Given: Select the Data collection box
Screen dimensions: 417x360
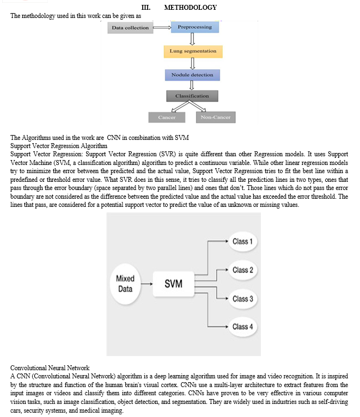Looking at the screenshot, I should click(130, 28).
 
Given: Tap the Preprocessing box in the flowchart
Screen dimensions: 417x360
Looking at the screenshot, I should click(194, 27).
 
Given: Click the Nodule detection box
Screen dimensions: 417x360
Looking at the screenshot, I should click(192, 75).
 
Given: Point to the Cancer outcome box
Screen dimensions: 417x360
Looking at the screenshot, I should click(167, 117).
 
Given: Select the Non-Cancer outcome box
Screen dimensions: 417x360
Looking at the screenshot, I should click(215, 117).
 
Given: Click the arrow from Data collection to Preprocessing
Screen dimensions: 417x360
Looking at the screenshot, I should click(161, 27).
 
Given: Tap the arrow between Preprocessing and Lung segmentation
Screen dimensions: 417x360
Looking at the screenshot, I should click(192, 39).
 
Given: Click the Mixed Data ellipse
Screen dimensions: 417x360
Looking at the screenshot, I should click(126, 283).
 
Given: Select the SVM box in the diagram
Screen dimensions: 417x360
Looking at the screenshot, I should click(173, 284).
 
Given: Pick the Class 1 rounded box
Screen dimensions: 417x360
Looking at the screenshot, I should click(242, 241).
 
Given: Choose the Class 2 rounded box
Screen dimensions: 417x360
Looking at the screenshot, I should click(242, 270).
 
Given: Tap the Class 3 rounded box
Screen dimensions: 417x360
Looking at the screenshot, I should click(242, 298).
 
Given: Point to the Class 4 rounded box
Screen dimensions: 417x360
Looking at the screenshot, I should click(242, 327).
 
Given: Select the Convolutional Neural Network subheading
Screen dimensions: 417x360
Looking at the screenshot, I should click(50, 368).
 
